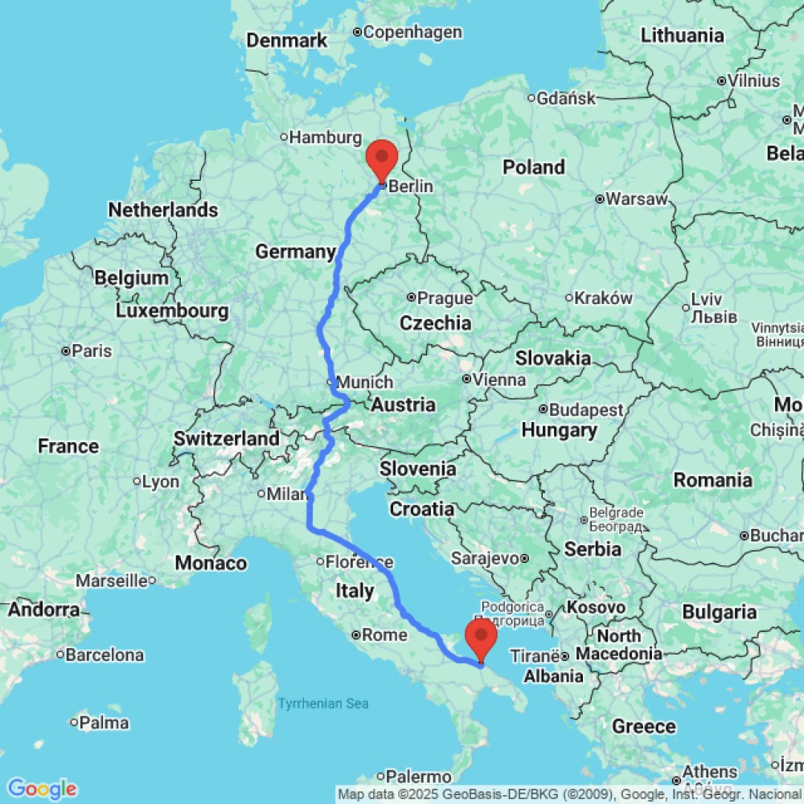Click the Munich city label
tap(365, 382)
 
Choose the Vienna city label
tap(499, 379)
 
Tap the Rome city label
tap(384, 635)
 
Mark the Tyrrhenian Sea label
tap(323, 704)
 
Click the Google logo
tap(41, 789)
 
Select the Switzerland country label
tap(227, 439)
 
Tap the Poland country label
tap(534, 167)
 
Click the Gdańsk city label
tap(567, 98)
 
